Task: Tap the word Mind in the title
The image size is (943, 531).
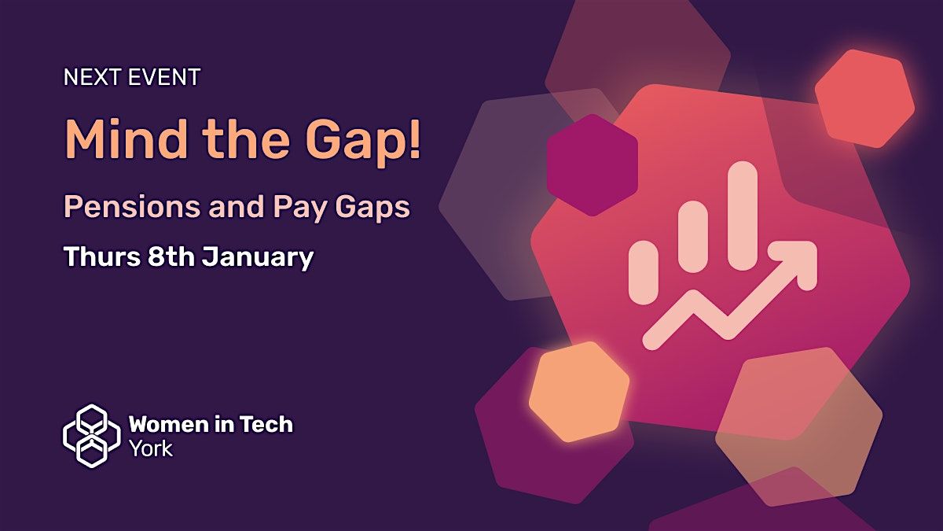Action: [126, 140]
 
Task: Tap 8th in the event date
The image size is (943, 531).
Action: [166, 257]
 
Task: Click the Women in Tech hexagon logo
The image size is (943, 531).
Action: [91, 436]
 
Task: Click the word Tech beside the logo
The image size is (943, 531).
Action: [266, 425]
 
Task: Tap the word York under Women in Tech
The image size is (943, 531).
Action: [150, 449]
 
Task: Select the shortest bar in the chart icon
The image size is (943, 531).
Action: [644, 272]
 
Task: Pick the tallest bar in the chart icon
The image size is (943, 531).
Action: [742, 216]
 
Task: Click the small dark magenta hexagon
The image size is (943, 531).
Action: [592, 165]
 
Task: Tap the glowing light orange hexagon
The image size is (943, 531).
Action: [579, 391]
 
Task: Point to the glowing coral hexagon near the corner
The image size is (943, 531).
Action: [864, 98]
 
